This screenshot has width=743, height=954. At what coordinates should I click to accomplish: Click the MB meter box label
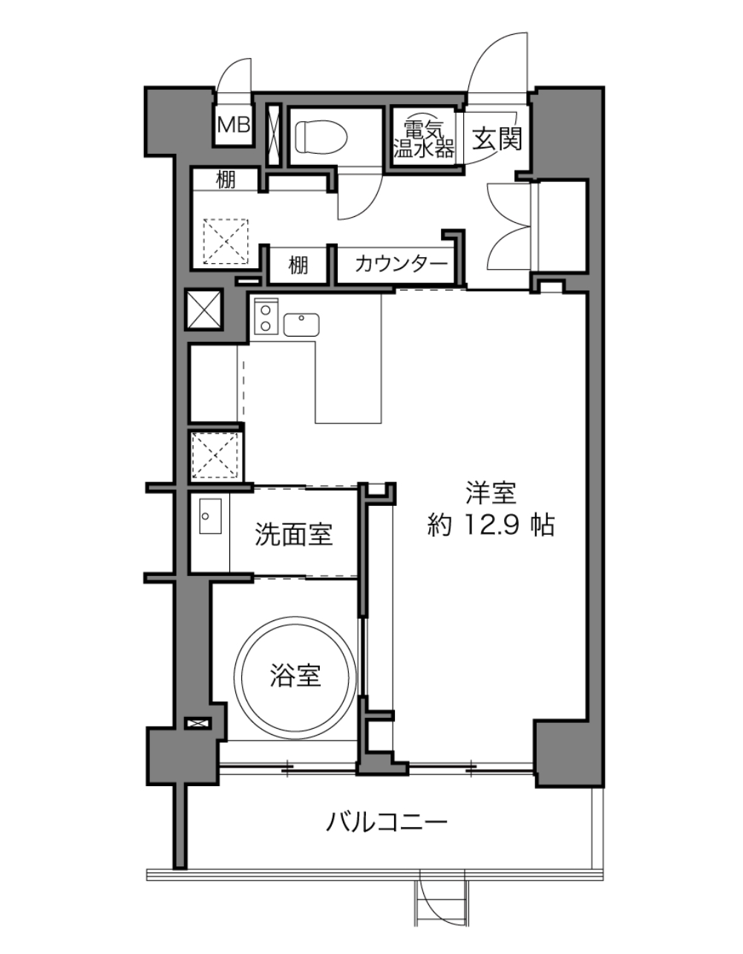tap(233, 126)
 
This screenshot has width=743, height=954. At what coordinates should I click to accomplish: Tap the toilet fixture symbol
tap(321, 137)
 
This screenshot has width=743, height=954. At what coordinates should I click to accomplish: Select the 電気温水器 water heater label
tap(423, 140)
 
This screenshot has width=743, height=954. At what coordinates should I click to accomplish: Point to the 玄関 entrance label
tap(497, 139)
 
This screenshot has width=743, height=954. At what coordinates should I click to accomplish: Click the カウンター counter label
tap(401, 265)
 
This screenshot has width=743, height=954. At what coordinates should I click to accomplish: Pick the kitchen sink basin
tap(301, 325)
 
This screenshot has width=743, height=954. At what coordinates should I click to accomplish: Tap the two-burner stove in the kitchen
tap(266, 317)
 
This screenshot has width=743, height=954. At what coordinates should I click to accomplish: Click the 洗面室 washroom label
tap(294, 534)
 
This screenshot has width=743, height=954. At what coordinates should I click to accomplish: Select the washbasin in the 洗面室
tap(210, 516)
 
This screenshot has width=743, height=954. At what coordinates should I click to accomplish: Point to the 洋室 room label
tap(491, 493)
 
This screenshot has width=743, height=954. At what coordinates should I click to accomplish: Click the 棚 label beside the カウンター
tap(298, 265)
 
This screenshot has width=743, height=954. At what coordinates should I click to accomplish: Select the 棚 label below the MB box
tap(226, 180)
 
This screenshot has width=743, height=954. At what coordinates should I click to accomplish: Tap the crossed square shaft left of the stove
tap(203, 308)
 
